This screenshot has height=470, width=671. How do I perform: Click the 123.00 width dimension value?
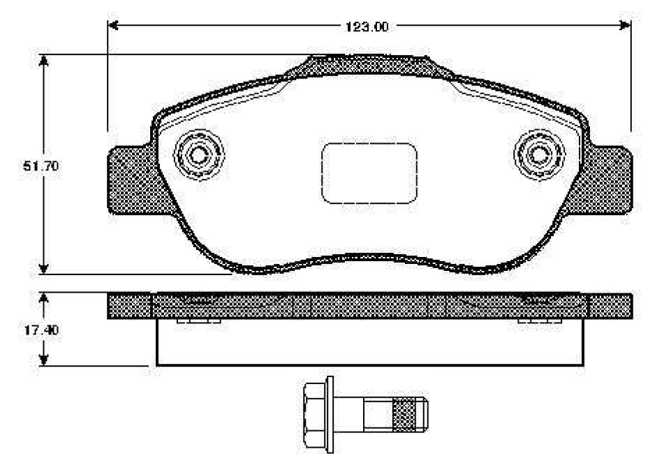pyautogui.click(x=367, y=27)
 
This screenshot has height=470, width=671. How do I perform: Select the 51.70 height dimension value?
pyautogui.click(x=40, y=166)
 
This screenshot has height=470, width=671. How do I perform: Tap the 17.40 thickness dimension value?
pyautogui.click(x=41, y=330)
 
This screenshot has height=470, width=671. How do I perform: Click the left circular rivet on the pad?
pyautogui.click(x=198, y=154)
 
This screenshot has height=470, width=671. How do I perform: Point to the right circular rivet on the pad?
pyautogui.click(x=539, y=154)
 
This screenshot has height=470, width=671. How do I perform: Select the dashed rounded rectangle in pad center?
pyautogui.click(x=369, y=173)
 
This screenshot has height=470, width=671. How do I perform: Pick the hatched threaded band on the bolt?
pyautogui.click(x=404, y=414)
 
